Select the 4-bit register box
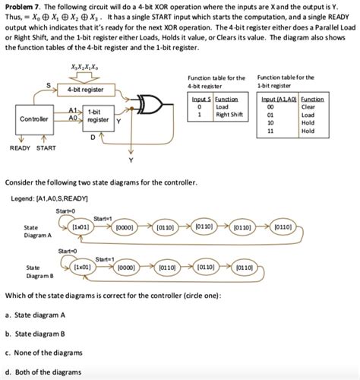tap(85, 90)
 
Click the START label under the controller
tap(46, 148)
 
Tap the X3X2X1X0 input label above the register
tap(85, 68)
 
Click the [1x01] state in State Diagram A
tap(80, 227)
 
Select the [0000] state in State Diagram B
tap(126, 268)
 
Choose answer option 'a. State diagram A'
tap(36, 314)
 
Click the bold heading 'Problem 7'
tap(21, 5)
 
